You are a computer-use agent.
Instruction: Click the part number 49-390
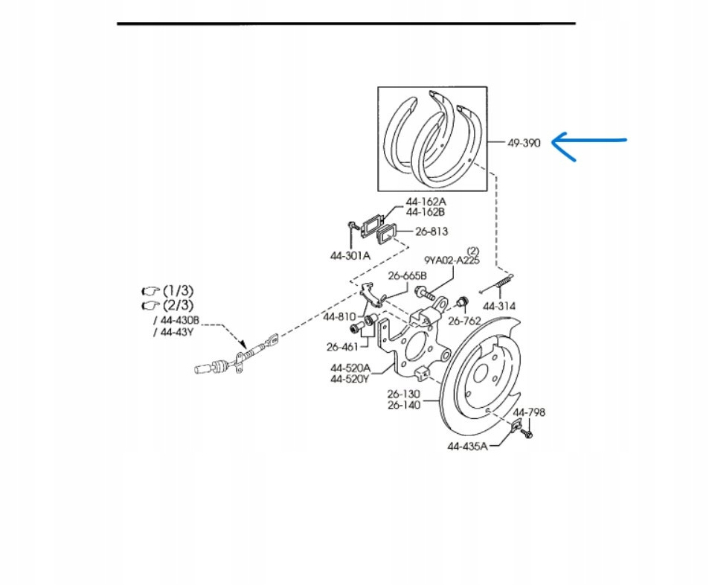click(x=524, y=143)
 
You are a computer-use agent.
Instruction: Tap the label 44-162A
click(x=426, y=202)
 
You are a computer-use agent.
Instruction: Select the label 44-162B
click(x=426, y=212)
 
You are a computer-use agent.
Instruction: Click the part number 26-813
click(x=432, y=231)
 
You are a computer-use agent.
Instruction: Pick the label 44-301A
click(x=350, y=255)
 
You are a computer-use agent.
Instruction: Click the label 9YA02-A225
click(x=452, y=260)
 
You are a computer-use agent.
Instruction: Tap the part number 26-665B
click(x=408, y=276)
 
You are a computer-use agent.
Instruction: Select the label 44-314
click(x=499, y=306)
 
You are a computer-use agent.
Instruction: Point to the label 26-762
click(x=464, y=321)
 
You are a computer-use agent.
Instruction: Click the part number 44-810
click(x=339, y=316)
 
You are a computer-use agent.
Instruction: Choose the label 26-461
click(x=342, y=346)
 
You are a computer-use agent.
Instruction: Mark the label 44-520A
click(x=350, y=368)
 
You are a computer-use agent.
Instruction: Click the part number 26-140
click(x=403, y=405)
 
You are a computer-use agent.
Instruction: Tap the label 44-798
click(x=529, y=412)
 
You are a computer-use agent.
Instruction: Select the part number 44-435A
click(x=467, y=447)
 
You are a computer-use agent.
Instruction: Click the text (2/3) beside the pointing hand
click(x=178, y=305)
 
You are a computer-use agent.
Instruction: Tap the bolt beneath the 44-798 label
click(x=527, y=431)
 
